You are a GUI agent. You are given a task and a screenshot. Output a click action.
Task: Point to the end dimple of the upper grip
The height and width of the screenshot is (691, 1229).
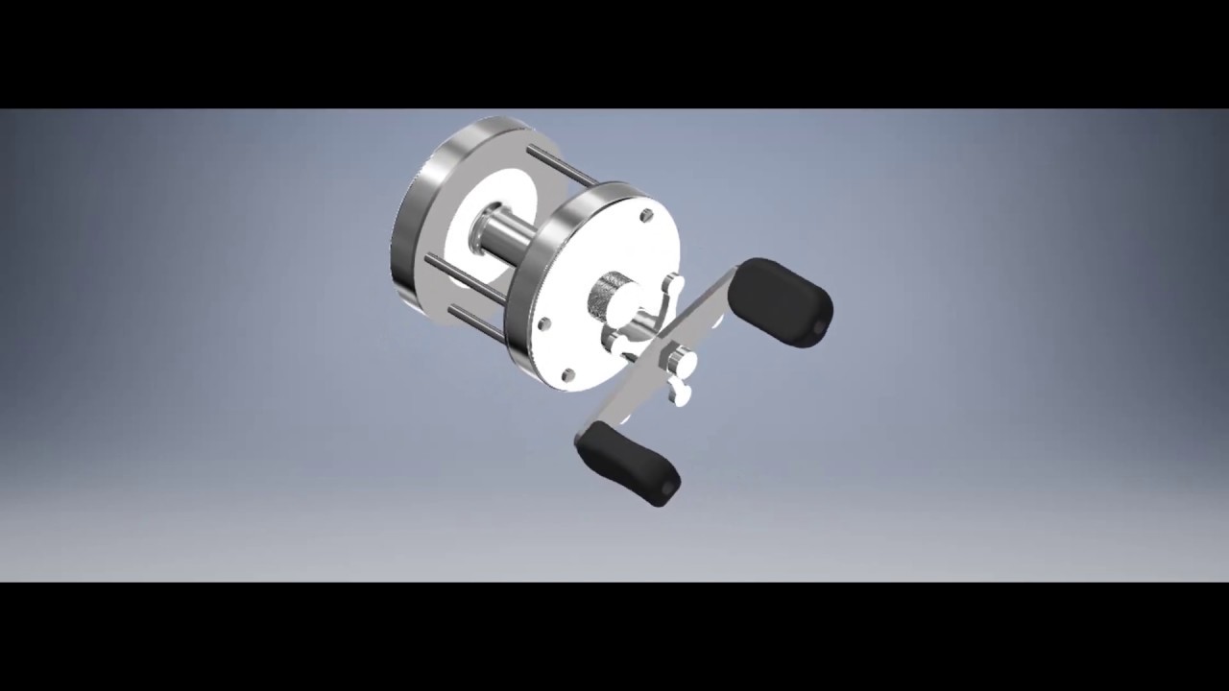(x=819, y=328)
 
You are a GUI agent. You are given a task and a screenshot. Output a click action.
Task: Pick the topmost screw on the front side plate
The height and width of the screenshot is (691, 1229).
(x=646, y=216)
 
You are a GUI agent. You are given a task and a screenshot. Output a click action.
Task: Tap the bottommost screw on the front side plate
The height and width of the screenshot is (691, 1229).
(x=567, y=374)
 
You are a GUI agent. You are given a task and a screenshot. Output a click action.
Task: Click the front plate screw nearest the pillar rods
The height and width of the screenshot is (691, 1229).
(x=543, y=325)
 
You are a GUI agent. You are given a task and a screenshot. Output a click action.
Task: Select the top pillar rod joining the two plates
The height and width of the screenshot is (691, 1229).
(x=562, y=166)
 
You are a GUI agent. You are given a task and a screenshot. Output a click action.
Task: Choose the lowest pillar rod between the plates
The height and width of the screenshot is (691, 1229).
(x=475, y=322)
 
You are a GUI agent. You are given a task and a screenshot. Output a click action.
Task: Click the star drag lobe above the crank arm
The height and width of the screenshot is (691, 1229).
(x=673, y=285)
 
